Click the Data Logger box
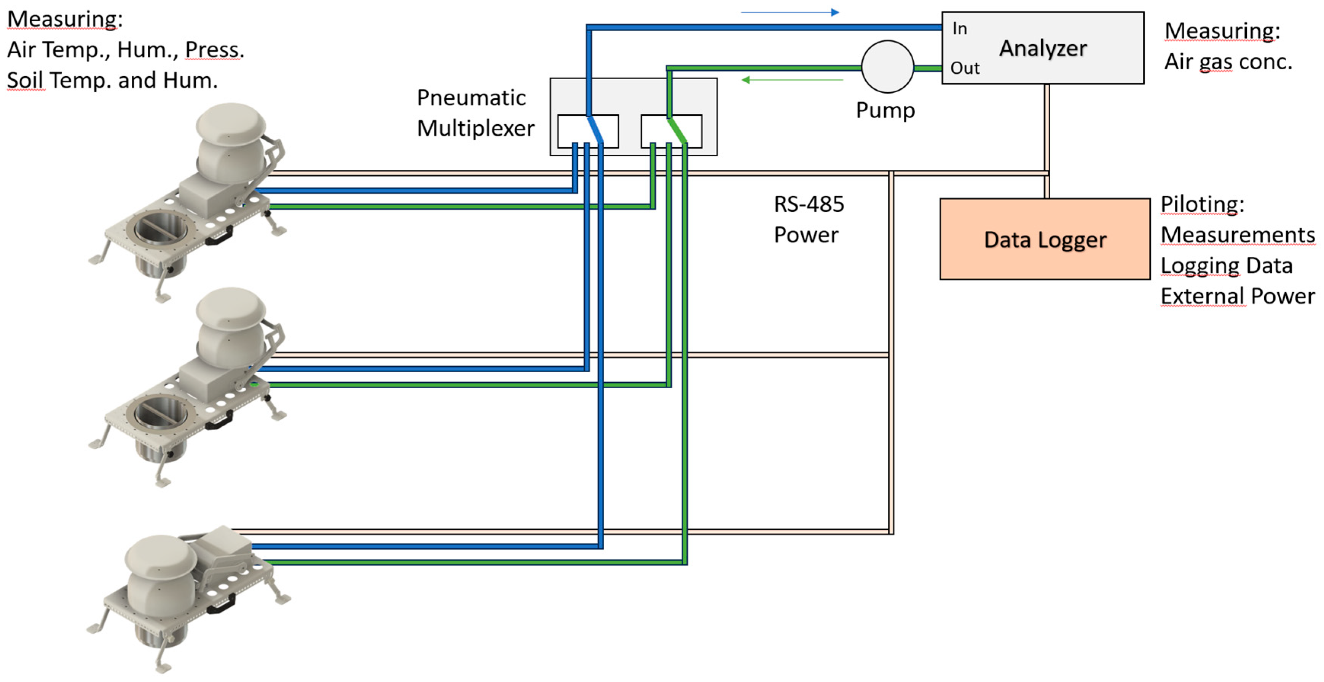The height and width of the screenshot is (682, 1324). (x=1045, y=239)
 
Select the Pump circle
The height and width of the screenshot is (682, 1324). (x=888, y=67)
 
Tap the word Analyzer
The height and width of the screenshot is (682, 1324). (x=1043, y=48)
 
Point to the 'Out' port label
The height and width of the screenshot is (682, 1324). (x=965, y=68)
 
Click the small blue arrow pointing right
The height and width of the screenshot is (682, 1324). (x=790, y=12)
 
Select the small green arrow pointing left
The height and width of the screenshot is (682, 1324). (x=793, y=80)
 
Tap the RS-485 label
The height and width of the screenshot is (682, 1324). (x=809, y=204)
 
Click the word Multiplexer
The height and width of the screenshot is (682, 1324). (x=475, y=128)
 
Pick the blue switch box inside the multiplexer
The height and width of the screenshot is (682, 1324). (x=588, y=131)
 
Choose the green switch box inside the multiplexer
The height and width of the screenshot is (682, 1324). (x=671, y=131)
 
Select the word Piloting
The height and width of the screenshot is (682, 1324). (x=1202, y=204)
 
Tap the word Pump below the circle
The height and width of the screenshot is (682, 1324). (x=885, y=110)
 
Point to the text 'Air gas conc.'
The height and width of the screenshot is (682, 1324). (x=1228, y=62)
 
